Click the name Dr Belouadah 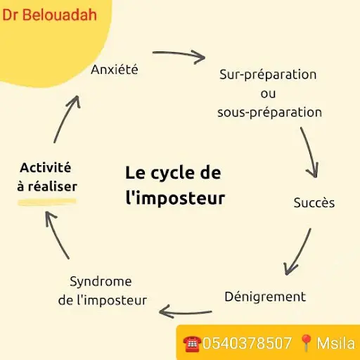coord(49,15)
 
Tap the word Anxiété coord(115,70)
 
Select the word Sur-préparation coord(268,75)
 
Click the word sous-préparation coord(269,112)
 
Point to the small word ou coord(268,94)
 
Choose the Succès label coord(314,202)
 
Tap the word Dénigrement coord(265,297)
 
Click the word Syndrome coord(101,282)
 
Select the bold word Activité coord(46,167)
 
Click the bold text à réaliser coord(47,186)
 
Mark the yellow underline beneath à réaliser coord(47,202)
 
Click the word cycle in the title coord(173,174)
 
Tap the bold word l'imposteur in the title coord(175,198)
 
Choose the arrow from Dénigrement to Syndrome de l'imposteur coord(185,313)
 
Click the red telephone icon coord(192,344)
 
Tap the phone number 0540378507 coord(247,343)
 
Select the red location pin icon coord(307,343)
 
